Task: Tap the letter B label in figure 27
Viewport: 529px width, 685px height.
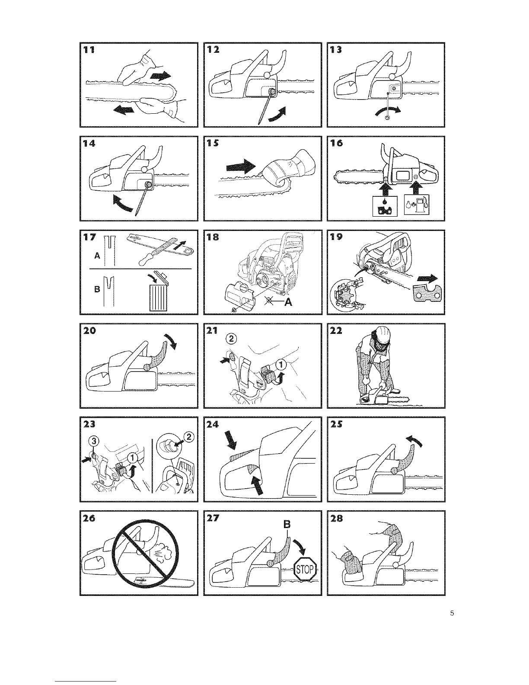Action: coord(287,525)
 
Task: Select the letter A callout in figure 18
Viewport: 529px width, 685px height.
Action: coord(288,303)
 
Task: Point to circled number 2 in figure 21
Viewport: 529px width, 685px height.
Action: coord(231,339)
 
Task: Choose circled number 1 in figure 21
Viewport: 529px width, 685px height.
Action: coord(281,365)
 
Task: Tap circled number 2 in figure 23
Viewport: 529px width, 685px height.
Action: coord(189,437)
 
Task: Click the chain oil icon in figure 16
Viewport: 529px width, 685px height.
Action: coord(385,206)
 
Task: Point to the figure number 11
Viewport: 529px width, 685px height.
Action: coord(89,50)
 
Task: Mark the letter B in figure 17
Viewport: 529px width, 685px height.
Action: coord(97,289)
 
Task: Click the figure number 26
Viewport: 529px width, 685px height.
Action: coord(89,519)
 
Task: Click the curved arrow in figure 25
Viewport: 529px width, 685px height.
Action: coord(413,440)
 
